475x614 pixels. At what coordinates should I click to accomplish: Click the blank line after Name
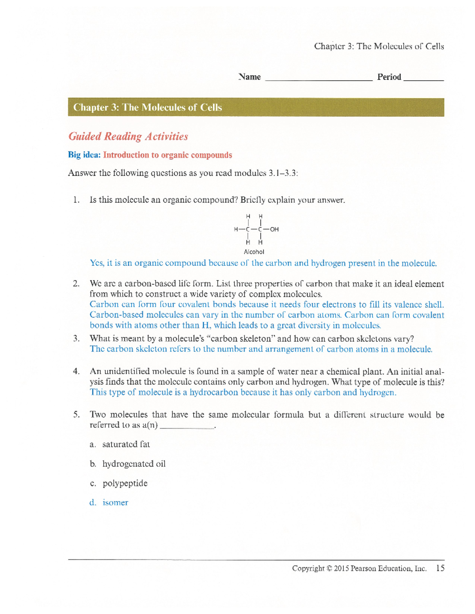click(x=319, y=79)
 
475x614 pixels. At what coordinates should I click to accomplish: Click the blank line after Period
click(x=423, y=79)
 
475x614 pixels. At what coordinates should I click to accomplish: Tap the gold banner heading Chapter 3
click(x=148, y=108)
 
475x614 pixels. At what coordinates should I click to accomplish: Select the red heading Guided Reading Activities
click(x=128, y=136)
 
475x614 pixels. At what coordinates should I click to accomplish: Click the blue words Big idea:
click(x=84, y=155)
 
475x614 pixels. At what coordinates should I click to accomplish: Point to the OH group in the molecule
click(x=274, y=229)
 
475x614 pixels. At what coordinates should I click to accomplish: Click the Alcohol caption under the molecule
click(x=254, y=252)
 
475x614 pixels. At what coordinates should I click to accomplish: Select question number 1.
click(x=76, y=200)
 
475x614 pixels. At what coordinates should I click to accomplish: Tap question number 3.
click(x=76, y=339)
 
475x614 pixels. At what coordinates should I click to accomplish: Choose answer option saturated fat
click(x=126, y=444)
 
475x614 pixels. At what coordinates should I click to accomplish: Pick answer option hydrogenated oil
click(x=134, y=464)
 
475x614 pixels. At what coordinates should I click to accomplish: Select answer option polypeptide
click(x=125, y=483)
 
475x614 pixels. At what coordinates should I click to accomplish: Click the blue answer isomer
click(x=115, y=503)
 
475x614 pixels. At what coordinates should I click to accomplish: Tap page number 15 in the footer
click(x=440, y=568)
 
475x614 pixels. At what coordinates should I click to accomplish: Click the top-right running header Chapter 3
click(x=379, y=46)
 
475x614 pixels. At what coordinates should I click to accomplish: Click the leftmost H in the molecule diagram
click(x=236, y=229)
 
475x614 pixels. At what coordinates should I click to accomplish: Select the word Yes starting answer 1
click(x=97, y=263)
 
